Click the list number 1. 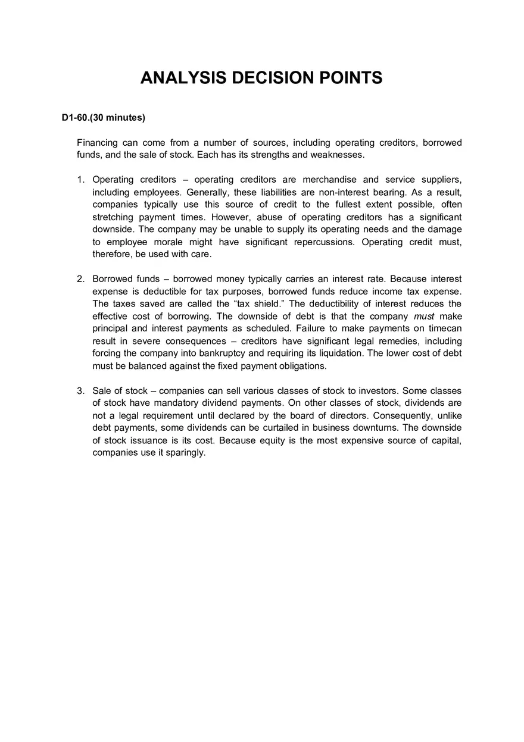click(x=80, y=180)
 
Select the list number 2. click(x=80, y=279)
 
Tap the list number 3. click(x=80, y=391)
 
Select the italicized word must click(x=424, y=316)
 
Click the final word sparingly click(x=185, y=453)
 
